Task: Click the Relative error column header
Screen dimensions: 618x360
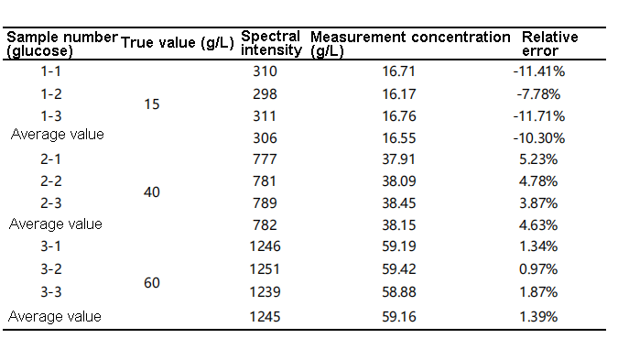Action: tap(550, 43)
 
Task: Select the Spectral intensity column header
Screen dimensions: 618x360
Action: tap(271, 43)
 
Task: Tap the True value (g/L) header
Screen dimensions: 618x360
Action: tap(178, 42)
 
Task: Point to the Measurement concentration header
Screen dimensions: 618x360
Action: tap(410, 43)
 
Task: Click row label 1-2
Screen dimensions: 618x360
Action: tap(51, 94)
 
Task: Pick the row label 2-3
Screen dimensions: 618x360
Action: tap(51, 203)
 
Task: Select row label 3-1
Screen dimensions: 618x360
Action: tap(51, 246)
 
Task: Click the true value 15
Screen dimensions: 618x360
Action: tap(152, 104)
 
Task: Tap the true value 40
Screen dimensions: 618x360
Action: tap(152, 192)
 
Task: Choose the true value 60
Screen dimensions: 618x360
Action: tap(152, 283)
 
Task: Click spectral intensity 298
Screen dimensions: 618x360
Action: tap(265, 94)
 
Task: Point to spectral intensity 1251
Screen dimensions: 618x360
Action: tap(265, 269)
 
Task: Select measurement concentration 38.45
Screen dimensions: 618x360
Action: tap(399, 203)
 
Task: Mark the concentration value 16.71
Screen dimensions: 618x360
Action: tap(399, 71)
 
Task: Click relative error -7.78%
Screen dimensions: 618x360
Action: tap(538, 94)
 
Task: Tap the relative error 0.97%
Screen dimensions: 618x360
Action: tap(538, 269)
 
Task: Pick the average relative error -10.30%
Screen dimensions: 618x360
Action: tap(538, 138)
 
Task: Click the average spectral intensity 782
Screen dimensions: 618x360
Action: tap(265, 225)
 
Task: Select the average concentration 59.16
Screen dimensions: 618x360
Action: tap(399, 317)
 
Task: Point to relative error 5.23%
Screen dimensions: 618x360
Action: tap(538, 159)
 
